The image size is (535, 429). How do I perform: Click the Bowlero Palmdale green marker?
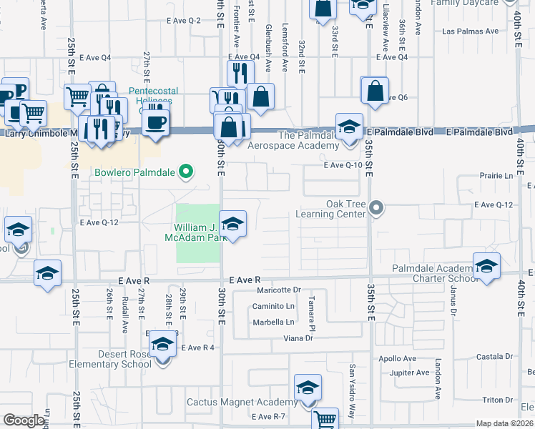(x=186, y=172)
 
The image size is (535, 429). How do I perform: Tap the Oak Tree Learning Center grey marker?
(x=377, y=209)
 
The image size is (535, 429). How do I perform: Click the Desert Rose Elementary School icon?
(x=163, y=345)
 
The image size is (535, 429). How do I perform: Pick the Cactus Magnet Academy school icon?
(x=308, y=388)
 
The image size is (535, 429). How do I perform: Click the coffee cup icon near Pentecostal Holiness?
(x=154, y=121)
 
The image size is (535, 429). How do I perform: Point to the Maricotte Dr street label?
(x=278, y=290)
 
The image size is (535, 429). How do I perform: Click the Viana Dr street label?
(x=298, y=337)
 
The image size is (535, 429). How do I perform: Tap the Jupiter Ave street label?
(x=409, y=373)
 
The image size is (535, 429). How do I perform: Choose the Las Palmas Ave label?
(x=470, y=31)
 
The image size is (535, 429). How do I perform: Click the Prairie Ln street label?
(x=499, y=175)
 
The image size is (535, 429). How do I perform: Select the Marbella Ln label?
(x=273, y=322)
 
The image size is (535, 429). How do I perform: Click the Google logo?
(x=24, y=420)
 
